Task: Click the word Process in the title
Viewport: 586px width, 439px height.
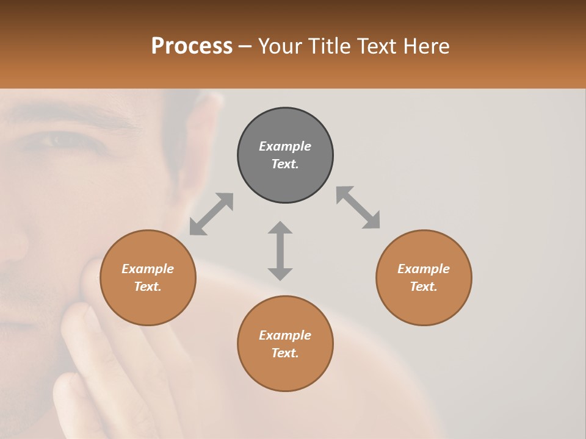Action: click(x=192, y=46)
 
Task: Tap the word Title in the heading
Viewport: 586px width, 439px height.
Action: click(x=330, y=46)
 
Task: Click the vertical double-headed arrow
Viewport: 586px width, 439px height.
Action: click(x=280, y=251)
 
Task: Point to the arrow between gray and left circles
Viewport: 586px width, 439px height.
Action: click(x=211, y=214)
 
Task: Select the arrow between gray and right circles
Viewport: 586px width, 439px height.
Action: click(x=358, y=207)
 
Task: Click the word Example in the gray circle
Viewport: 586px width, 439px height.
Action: click(x=285, y=146)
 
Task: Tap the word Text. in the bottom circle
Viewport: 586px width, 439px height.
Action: click(x=285, y=353)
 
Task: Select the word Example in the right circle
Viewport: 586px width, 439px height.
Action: click(x=424, y=269)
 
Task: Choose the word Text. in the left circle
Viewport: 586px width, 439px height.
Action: click(x=148, y=287)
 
